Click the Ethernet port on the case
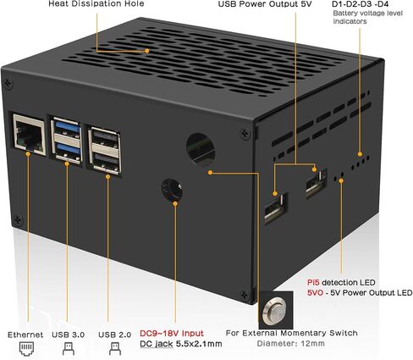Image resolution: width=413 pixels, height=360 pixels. [x=30, y=134]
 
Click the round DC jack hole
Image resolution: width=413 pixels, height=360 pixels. [x=172, y=189]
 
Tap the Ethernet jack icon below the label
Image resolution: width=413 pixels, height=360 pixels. [x=26, y=348]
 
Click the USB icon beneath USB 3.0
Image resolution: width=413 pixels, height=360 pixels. [x=69, y=349]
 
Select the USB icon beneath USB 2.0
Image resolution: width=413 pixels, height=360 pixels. [x=115, y=349]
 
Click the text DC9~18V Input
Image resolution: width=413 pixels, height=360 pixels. [x=172, y=333]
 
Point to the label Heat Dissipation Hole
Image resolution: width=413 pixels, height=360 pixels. [x=96, y=3]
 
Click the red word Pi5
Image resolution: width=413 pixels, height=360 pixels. [x=313, y=282]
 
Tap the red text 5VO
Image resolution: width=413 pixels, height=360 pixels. [x=316, y=293]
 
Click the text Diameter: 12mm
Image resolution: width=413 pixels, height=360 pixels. [x=290, y=344]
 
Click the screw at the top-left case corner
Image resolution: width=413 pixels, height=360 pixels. [x=8, y=83]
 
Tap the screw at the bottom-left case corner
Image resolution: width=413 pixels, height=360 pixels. [x=19, y=219]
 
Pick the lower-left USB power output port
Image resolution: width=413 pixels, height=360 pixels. [x=276, y=208]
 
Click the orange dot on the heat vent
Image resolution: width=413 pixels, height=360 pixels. [x=147, y=51]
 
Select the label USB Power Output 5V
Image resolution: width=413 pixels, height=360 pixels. [x=265, y=4]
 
